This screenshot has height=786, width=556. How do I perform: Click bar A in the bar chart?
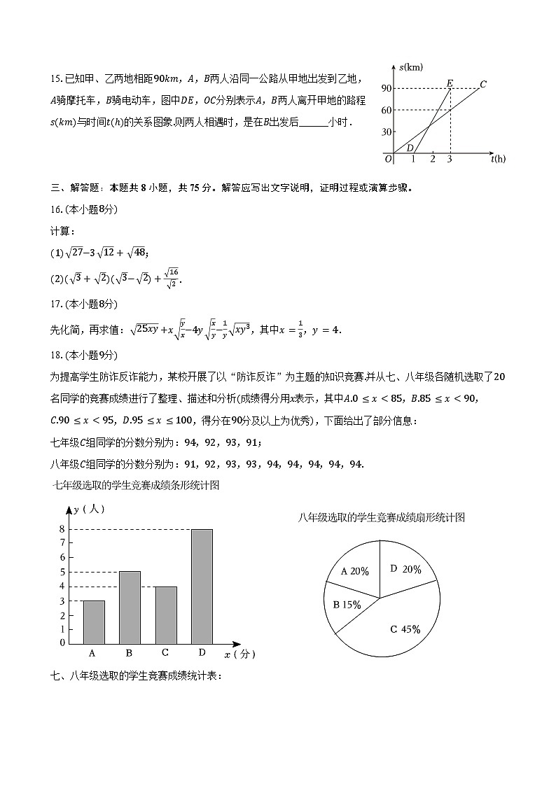94,622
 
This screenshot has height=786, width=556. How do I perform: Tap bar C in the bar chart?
165,615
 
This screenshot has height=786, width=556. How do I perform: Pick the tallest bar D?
201,586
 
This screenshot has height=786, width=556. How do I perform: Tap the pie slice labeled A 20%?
354,571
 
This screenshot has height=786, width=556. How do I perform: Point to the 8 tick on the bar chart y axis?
62,529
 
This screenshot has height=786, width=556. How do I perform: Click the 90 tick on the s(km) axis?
386,88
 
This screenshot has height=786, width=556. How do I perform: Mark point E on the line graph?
450,84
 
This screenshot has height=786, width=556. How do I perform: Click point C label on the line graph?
483,84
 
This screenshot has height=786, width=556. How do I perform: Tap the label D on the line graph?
410,147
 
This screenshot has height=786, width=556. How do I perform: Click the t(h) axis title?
498,159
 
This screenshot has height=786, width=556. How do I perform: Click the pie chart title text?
381,517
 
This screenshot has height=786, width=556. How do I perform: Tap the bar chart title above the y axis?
137,485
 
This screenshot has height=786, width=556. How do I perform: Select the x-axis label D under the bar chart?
202,653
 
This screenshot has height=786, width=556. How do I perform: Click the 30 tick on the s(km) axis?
386,132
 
